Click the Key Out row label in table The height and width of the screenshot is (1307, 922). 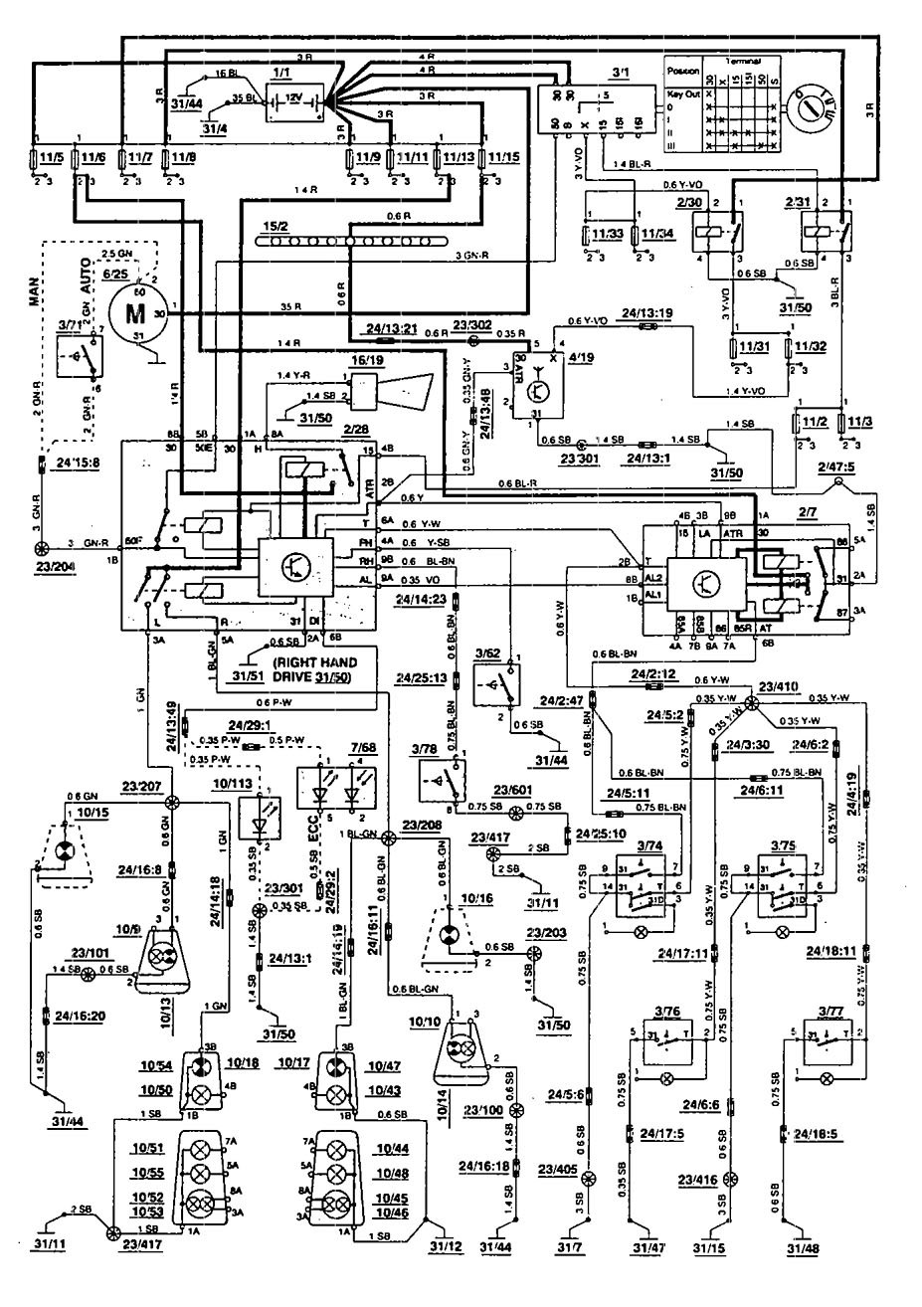pos(686,93)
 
